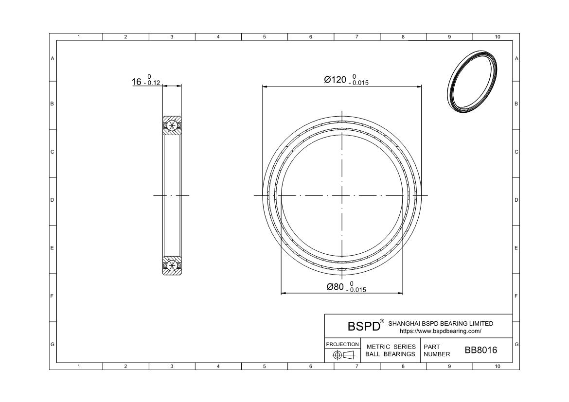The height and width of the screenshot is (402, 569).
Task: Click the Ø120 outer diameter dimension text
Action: coord(335,79)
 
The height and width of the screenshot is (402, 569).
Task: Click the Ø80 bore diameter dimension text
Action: coord(335,287)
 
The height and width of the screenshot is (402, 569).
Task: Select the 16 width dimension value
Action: coord(137,82)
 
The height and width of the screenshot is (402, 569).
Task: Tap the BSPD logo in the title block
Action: coord(364,326)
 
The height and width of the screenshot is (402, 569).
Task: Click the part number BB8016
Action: coord(481,350)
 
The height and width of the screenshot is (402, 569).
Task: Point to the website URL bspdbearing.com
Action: coord(441,331)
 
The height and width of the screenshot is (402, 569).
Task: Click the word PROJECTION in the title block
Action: coord(342,344)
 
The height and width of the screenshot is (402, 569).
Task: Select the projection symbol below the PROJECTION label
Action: coord(343,355)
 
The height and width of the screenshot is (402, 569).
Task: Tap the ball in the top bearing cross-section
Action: coord(172,125)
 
